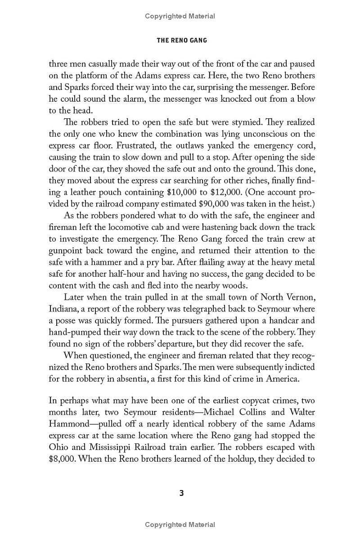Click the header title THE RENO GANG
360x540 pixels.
181,40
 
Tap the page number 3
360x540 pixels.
181,493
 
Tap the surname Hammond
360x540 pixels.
69,424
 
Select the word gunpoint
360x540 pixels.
70,251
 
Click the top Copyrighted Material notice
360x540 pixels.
180,16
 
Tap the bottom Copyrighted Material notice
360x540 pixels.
180,524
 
